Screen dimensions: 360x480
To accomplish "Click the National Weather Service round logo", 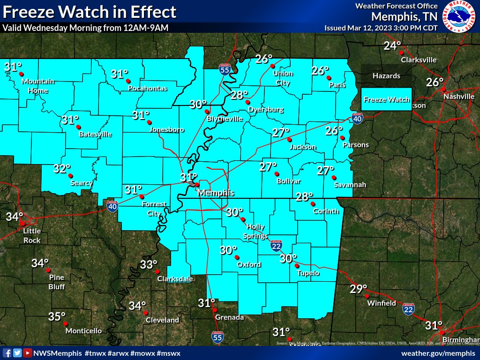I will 461,16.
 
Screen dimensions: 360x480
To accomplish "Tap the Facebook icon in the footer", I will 7,353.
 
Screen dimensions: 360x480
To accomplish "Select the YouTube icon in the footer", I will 28,353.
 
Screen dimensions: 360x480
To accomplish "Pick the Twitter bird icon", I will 17,353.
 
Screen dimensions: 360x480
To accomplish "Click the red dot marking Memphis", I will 197,185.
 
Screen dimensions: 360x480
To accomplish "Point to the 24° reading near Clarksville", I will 392,46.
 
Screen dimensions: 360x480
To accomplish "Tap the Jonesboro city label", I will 167,130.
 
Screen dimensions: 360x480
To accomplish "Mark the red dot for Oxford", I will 237,257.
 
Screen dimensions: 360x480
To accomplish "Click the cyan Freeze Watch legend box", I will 387,99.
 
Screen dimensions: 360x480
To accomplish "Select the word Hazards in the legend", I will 387,75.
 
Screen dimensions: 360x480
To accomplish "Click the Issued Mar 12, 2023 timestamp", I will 381,28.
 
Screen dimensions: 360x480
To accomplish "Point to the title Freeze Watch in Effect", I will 90,12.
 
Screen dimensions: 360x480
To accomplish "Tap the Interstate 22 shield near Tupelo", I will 276,245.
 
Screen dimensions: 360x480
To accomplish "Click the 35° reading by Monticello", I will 57,317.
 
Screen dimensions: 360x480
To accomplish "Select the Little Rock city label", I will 32,236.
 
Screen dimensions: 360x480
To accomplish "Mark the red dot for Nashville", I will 444,90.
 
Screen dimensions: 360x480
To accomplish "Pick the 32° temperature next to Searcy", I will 61,169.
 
